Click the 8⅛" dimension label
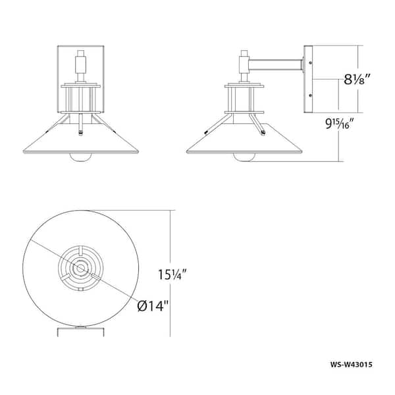pos(357,80)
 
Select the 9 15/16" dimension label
pos(340,124)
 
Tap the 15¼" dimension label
pos(172,275)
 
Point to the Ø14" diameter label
pos(153,306)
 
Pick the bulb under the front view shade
pos(80,157)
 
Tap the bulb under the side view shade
pos(244,157)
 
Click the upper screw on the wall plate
pos(310,63)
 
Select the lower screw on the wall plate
pos(310,95)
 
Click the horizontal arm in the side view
pos(276,65)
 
